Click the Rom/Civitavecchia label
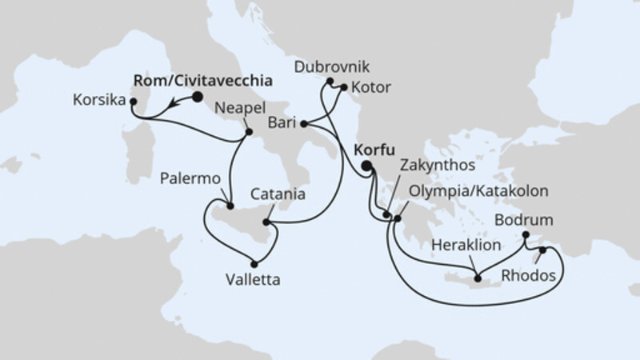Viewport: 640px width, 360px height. click(x=200, y=80)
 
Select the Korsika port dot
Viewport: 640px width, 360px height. click(x=134, y=102)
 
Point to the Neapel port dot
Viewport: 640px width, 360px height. click(x=248, y=132)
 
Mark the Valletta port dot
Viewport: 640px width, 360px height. click(x=254, y=264)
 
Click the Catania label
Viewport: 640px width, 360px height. click(x=276, y=194)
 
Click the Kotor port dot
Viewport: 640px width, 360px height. click(x=343, y=88)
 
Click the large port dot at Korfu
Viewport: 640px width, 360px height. click(x=366, y=166)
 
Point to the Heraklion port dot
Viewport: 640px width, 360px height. click(x=478, y=278)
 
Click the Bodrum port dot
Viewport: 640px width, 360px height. click(x=526, y=234)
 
